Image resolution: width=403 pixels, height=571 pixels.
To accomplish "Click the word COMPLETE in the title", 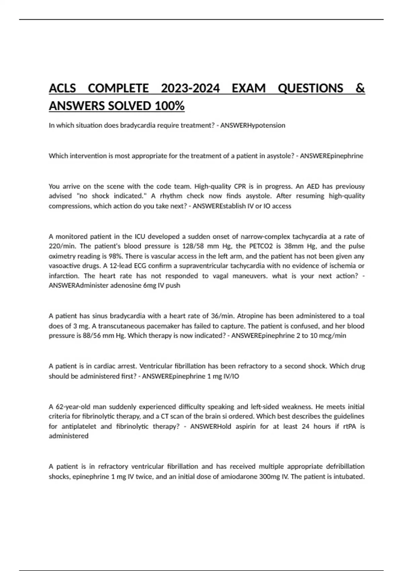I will click(118, 88).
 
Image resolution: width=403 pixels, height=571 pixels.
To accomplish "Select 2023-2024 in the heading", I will click(190, 88).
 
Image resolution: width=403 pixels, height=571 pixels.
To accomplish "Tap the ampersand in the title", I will click(360, 88).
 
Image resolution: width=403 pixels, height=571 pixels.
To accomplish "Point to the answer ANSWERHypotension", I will click(253, 125).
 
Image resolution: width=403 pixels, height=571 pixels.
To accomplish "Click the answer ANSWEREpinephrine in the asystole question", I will click(331, 156).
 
